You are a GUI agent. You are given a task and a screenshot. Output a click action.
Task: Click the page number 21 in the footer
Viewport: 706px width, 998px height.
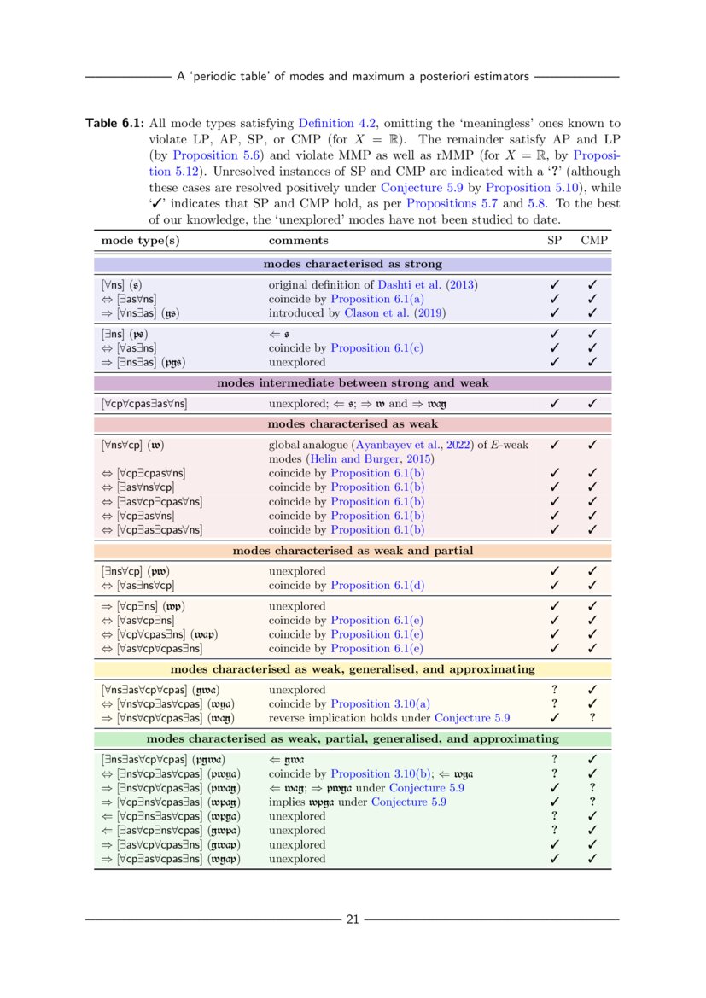[353, 919]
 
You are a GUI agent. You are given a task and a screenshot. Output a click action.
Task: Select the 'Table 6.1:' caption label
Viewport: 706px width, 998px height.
[114, 124]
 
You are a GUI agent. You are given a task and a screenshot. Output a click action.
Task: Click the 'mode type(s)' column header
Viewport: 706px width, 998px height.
[140, 241]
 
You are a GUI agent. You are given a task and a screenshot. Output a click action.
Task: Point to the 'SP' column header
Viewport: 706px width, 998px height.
[554, 241]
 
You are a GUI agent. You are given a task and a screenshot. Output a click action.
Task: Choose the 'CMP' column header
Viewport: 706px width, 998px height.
[593, 241]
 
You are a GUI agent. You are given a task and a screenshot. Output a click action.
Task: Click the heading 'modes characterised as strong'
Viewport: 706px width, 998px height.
[353, 264]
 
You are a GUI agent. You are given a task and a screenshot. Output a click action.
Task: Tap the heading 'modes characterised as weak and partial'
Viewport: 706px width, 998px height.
[353, 551]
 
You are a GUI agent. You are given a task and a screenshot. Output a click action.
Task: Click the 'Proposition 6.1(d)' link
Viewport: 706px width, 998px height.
[377, 585]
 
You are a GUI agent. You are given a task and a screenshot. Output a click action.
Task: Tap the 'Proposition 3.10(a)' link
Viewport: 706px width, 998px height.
[382, 703]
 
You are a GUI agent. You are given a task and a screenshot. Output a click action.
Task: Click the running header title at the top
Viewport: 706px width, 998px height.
[353, 77]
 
